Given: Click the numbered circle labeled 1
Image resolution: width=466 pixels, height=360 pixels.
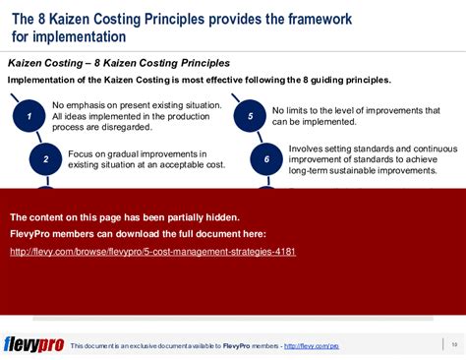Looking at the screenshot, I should [29, 117].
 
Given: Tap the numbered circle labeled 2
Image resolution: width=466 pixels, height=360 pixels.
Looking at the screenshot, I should [45, 158].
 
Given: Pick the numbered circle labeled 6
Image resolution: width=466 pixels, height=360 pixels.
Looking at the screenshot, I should [266, 158].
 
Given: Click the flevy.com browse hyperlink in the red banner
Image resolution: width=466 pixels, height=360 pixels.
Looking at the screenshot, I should [152, 252].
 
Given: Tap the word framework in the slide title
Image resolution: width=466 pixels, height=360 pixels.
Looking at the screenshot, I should [404, 17].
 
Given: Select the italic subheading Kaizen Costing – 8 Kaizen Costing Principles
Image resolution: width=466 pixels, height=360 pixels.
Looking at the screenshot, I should [119, 63].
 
